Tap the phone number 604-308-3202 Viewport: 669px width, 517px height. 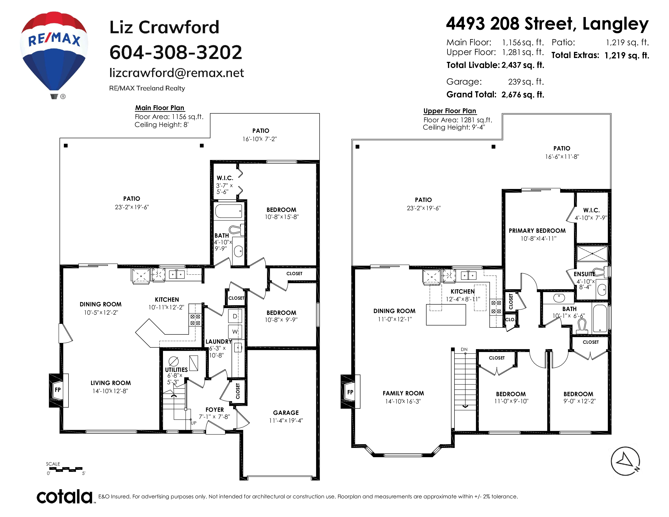(176, 52)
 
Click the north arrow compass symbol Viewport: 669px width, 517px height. (625, 461)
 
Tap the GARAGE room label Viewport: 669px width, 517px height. (286, 413)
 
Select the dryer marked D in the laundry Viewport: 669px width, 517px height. (235, 316)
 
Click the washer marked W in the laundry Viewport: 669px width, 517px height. (235, 331)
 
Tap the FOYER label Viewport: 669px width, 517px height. (214, 410)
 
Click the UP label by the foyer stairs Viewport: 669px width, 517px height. (194, 423)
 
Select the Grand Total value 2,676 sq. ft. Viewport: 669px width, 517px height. (523, 95)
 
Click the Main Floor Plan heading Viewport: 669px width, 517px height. (160, 108)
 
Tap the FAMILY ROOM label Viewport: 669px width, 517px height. (403, 393)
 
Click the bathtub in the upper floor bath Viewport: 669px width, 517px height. (600, 318)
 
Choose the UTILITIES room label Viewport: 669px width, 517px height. (176, 370)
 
